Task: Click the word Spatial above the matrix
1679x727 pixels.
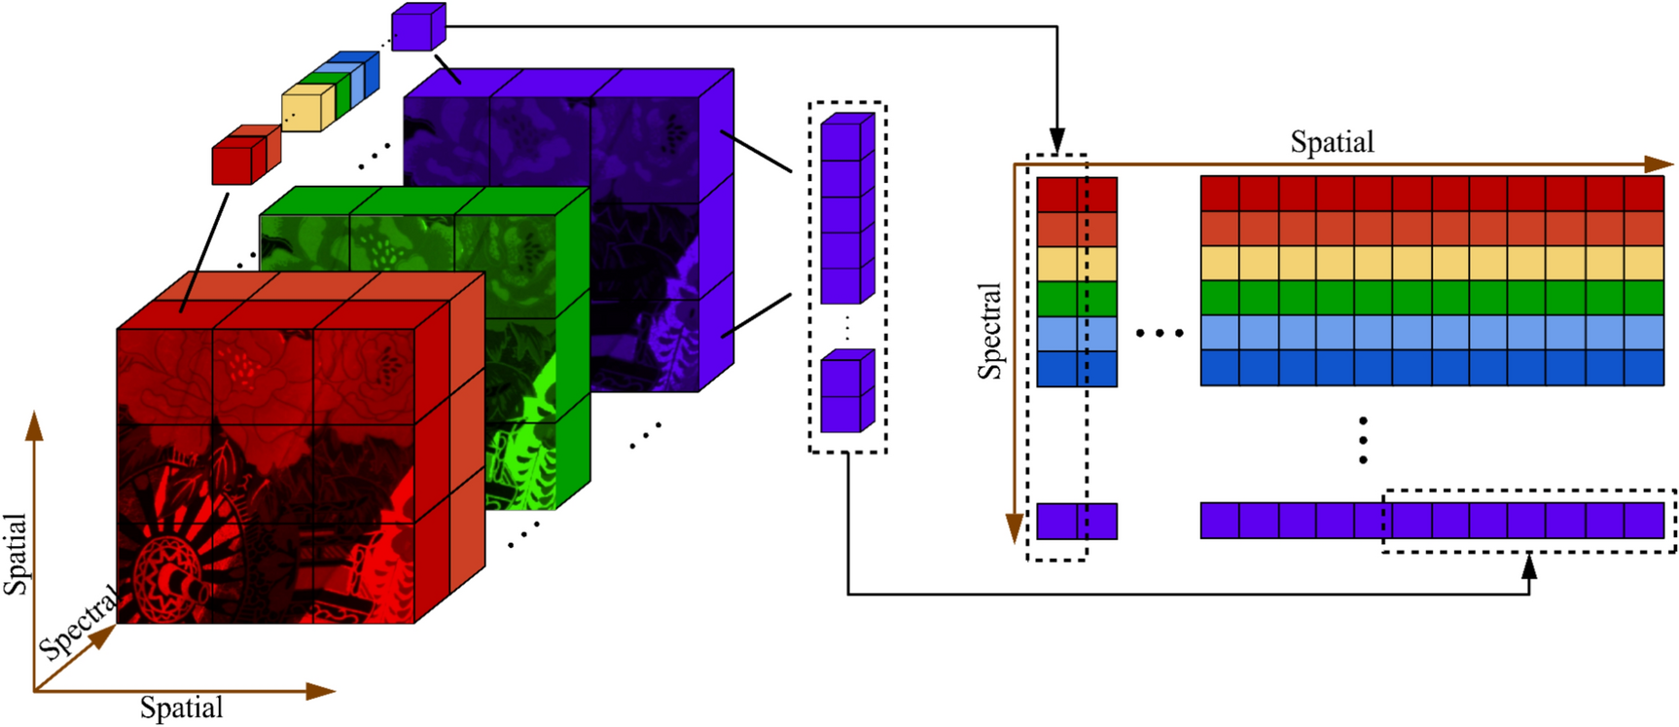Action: pyautogui.click(x=1332, y=142)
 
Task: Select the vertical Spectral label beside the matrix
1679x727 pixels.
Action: pyautogui.click(x=989, y=331)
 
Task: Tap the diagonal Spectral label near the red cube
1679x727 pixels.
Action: pyautogui.click(x=78, y=622)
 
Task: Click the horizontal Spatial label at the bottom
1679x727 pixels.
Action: pyautogui.click(x=182, y=708)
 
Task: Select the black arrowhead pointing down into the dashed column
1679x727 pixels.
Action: pyautogui.click(x=1056, y=140)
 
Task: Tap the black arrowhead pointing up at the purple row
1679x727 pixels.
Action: pyautogui.click(x=1529, y=565)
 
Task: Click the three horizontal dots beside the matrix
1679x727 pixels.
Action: pyautogui.click(x=1160, y=334)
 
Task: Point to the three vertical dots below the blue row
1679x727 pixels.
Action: pyautogui.click(x=1363, y=440)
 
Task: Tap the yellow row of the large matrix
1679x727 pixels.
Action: pyautogui.click(x=1432, y=263)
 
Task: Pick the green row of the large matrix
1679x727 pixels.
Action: pyautogui.click(x=1432, y=298)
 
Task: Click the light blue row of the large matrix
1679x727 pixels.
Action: pyautogui.click(x=1432, y=333)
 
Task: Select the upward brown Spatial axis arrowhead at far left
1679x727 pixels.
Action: pyautogui.click(x=34, y=425)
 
